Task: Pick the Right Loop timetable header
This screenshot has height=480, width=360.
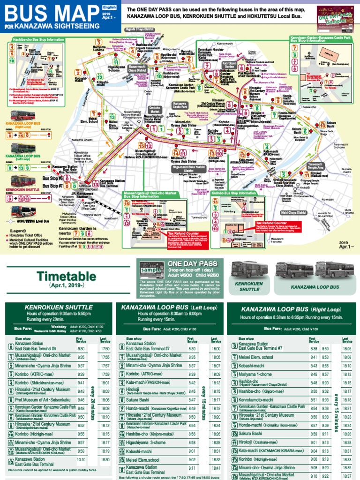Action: [x=290, y=309]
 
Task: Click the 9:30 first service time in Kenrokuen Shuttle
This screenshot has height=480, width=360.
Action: [x=81, y=349]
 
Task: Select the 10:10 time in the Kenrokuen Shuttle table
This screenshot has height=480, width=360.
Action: [x=81, y=460]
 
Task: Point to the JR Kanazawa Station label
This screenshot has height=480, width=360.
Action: [x=76, y=193]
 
